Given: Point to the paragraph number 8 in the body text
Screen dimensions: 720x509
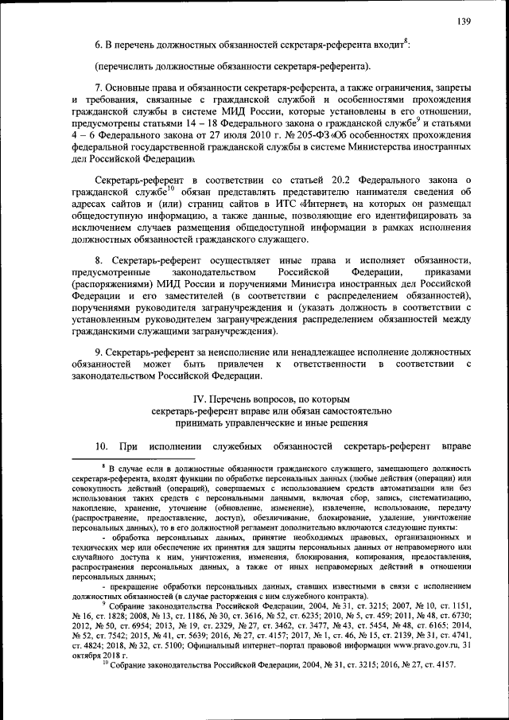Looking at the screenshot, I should click(98, 260).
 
